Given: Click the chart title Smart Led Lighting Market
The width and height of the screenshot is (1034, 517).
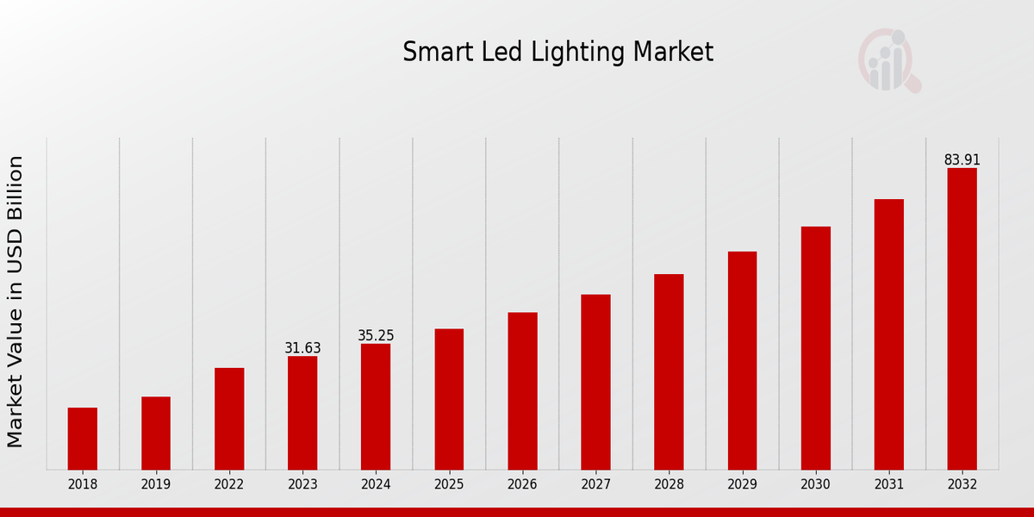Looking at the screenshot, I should [557, 53].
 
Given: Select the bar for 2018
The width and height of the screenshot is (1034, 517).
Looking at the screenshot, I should [83, 439].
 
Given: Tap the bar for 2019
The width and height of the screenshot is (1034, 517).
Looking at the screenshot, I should [156, 433].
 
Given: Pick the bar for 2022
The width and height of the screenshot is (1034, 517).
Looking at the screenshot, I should [229, 419].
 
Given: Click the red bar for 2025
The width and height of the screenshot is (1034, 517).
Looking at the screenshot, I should [449, 399].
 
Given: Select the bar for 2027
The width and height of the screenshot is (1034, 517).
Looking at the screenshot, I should [595, 382].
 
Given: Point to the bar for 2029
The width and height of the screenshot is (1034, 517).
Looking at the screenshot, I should [742, 360].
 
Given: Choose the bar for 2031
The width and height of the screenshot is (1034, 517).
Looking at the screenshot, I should [888, 334].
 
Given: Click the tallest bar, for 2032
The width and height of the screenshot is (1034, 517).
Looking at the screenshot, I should [962, 319].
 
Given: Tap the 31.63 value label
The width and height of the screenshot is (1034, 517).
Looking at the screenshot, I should [302, 348].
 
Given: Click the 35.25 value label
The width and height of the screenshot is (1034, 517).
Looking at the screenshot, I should [376, 336].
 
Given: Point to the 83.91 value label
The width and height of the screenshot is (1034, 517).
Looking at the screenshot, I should [962, 160].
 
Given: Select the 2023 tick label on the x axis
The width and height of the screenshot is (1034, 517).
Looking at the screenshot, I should [302, 485].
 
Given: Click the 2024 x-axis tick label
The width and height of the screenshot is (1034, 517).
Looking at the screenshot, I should [376, 485].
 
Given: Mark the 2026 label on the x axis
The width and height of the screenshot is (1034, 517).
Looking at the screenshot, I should [522, 485].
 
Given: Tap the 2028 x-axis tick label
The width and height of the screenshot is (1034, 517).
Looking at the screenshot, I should [669, 485].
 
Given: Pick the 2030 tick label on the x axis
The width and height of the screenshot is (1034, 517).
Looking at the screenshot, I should [815, 485].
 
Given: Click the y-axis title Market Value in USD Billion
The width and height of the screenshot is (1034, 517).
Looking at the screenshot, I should [16, 302].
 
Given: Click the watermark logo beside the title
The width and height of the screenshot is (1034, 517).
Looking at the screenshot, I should [888, 60].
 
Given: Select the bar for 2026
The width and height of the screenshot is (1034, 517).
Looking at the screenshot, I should [522, 391].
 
